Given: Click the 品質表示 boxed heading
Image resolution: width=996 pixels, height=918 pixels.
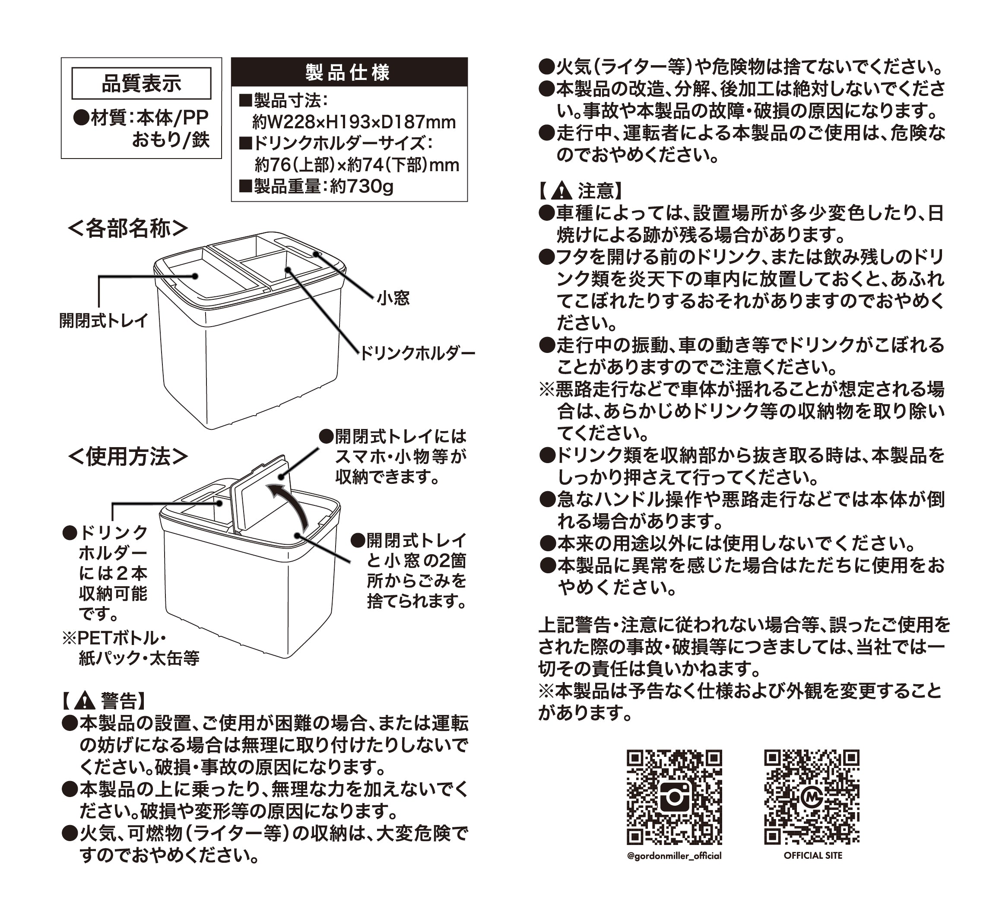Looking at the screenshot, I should [x=141, y=83].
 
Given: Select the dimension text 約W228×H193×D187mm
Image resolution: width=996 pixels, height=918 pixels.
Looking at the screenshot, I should [x=354, y=122].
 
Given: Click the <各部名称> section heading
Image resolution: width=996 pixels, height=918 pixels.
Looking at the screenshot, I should [x=128, y=229].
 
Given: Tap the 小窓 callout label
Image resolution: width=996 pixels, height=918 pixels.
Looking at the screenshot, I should [x=393, y=298].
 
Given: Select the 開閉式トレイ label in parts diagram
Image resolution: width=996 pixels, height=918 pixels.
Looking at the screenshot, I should [x=103, y=321].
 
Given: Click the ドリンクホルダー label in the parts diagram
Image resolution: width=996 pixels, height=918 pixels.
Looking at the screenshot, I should [x=417, y=353].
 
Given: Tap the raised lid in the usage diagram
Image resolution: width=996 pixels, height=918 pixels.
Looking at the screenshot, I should [x=258, y=492].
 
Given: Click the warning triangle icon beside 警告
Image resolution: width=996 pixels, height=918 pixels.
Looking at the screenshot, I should [x=85, y=700].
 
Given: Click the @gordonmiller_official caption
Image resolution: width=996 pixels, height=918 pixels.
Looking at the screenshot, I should [x=674, y=856].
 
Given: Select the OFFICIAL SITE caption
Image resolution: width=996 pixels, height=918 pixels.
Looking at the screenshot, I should [x=813, y=855].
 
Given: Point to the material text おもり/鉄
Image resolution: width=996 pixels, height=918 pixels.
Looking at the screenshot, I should [x=170, y=140].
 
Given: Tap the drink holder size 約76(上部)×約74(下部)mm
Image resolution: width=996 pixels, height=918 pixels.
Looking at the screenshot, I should [x=357, y=165].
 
